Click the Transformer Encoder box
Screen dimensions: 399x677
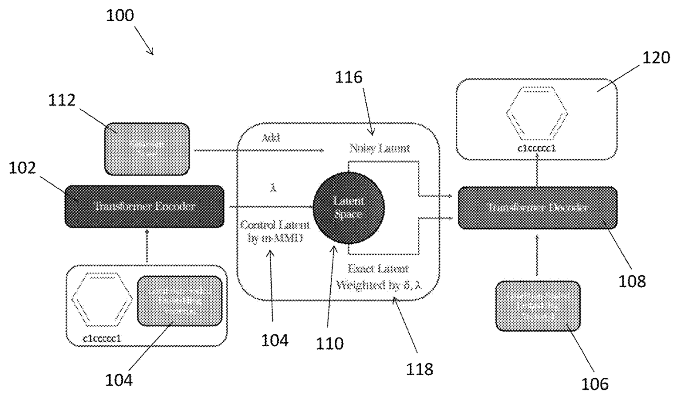coord(145,207)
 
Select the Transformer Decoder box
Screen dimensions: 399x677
coord(537,207)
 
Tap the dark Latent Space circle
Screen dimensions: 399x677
coord(348,207)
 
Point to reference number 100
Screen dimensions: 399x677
coord(119,16)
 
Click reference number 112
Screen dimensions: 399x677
coord(62,100)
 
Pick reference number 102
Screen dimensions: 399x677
coord(23,168)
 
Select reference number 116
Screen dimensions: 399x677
coord(348,77)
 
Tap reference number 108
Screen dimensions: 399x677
coord(632,281)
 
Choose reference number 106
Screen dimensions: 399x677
coord(595,383)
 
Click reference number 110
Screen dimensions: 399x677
coord(329,344)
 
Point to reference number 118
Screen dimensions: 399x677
coord(420,368)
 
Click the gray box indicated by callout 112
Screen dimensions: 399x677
coord(147,149)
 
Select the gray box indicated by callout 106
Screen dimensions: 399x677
coord(538,306)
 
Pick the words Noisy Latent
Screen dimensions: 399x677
coord(380,148)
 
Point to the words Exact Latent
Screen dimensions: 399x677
coord(378,269)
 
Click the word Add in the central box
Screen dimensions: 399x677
coord(270,138)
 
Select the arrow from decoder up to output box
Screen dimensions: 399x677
coord(537,173)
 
